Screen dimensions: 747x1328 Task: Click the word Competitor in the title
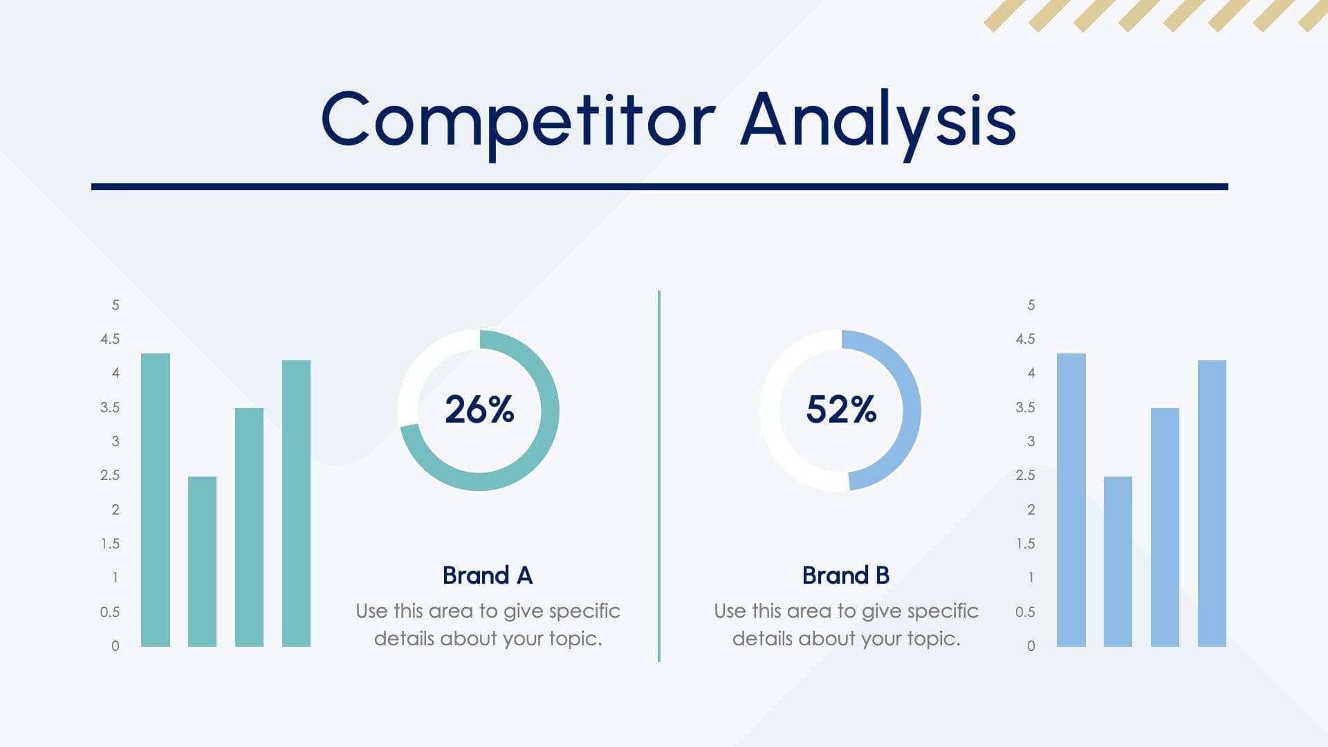point(517,121)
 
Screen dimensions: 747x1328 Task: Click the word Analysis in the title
point(878,121)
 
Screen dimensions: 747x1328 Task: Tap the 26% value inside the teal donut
point(479,409)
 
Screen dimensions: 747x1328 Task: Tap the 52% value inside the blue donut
point(841,409)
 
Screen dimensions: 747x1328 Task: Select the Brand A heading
point(488,575)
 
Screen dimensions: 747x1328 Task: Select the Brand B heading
point(845,575)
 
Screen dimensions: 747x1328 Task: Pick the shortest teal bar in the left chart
point(202,562)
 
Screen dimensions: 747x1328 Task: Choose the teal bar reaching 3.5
point(249,527)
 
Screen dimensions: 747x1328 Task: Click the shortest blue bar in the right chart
point(1118,562)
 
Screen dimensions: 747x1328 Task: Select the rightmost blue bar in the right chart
point(1212,504)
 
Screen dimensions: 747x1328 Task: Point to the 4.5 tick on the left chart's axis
point(110,339)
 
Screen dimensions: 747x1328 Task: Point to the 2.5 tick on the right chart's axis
point(1025,475)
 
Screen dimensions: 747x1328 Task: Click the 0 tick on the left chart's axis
point(116,646)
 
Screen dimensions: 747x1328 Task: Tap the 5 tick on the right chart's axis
point(1031,305)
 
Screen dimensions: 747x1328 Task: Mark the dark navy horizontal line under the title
point(659,187)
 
